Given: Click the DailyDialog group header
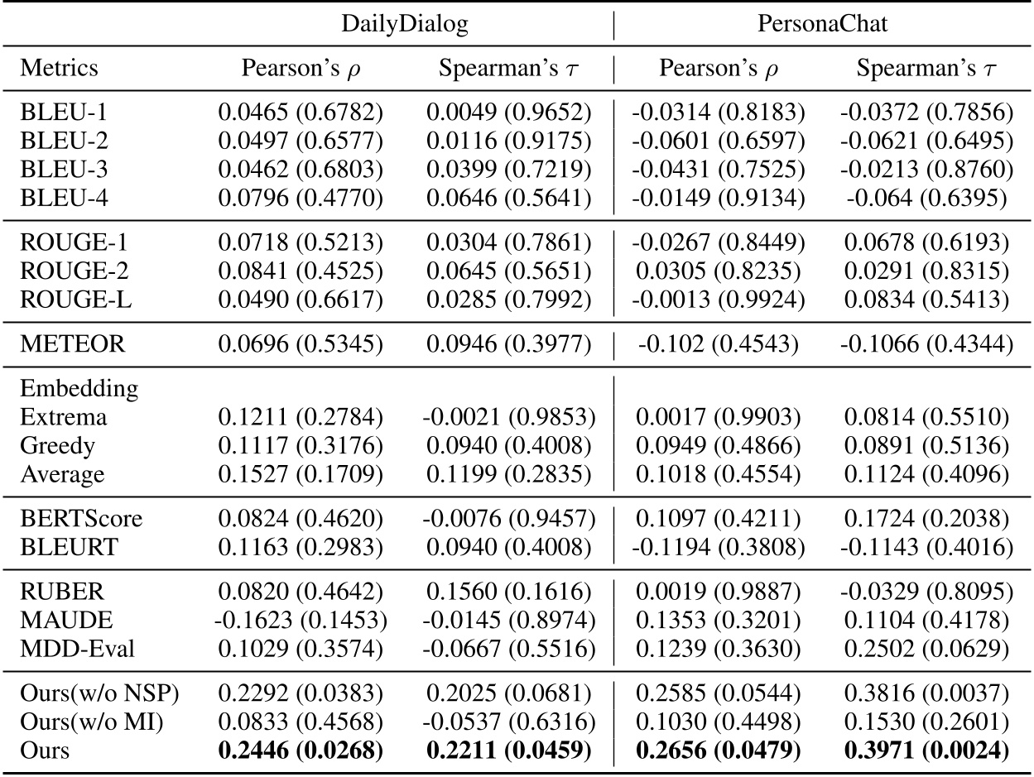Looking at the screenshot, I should (406, 24).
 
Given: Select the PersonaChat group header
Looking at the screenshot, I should (822, 24).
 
